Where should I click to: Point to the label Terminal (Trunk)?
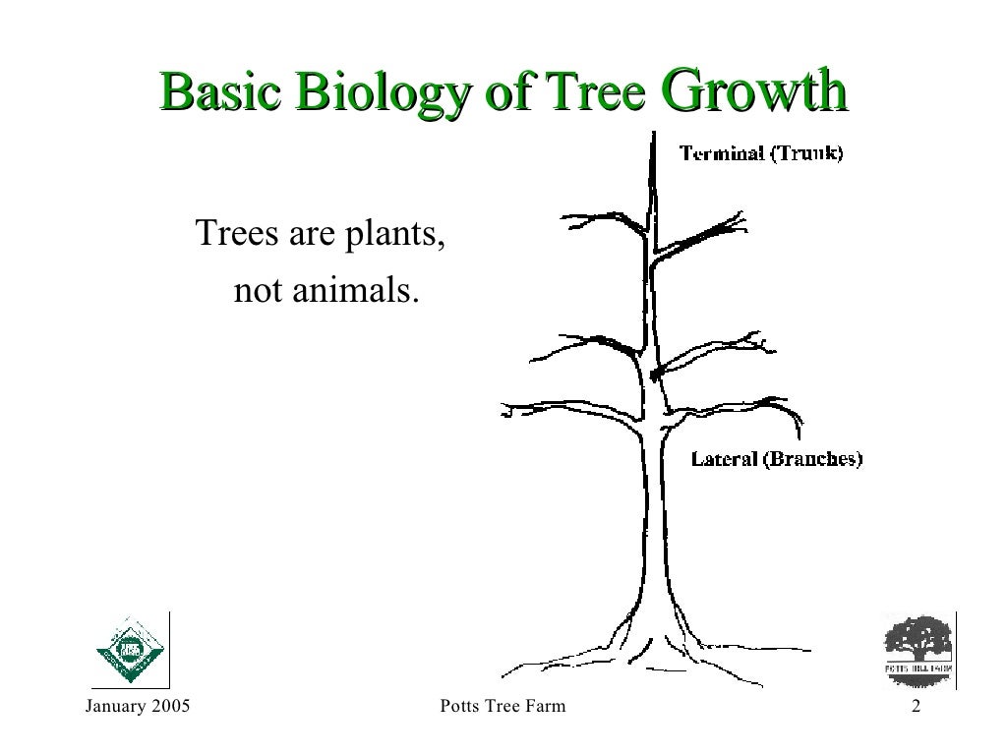(x=760, y=153)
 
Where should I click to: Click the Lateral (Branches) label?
(x=777, y=458)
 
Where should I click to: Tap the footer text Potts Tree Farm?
(x=503, y=707)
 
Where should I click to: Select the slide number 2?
(x=916, y=707)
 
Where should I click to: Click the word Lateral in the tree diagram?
(x=725, y=458)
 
